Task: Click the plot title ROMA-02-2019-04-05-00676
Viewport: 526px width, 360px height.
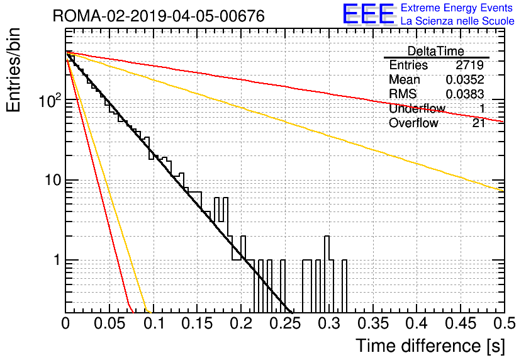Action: pos(159,16)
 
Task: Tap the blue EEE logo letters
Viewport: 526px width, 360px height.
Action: pos(369,14)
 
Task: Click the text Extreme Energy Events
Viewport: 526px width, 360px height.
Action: pos(457,8)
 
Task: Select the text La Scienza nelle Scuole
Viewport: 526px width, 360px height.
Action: pos(457,21)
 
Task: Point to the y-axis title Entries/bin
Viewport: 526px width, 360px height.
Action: pos(13,70)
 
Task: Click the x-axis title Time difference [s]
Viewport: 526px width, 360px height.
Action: pos(430,346)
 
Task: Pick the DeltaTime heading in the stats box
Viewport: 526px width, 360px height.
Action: pos(436,51)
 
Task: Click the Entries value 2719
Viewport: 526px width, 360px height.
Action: pos(469,65)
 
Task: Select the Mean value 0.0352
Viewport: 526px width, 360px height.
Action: pos(465,79)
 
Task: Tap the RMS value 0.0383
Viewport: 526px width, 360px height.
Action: pos(465,94)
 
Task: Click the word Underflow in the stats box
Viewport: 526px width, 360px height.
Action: pos(417,108)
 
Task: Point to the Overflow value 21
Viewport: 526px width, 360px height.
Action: pos(479,123)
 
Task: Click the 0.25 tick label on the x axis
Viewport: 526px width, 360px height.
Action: pos(285,323)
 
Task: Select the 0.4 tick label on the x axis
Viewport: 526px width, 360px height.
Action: pos(417,323)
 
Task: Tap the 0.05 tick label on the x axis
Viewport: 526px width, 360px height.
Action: pos(109,323)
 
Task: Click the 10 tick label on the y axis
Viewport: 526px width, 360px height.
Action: pos(53,180)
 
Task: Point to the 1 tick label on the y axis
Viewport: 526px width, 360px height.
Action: pos(57,260)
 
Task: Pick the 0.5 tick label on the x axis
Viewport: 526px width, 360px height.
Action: pos(504,323)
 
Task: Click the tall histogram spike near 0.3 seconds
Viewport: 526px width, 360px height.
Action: pos(327,248)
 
